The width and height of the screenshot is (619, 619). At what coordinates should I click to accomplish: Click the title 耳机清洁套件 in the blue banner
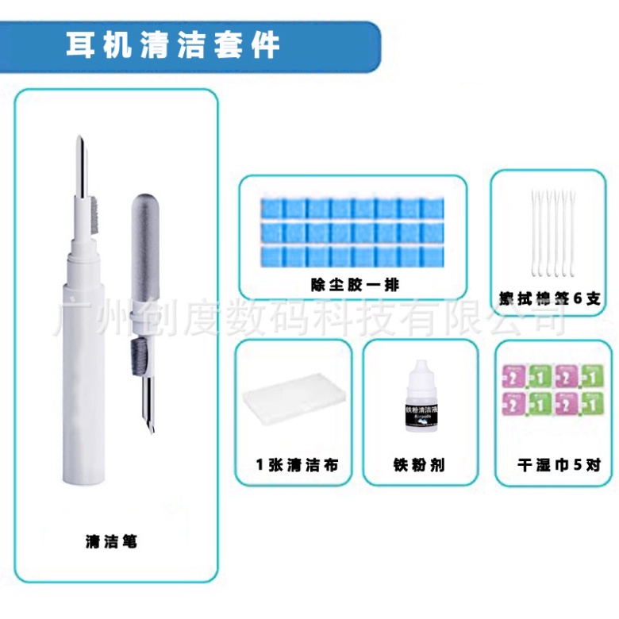coord(173,44)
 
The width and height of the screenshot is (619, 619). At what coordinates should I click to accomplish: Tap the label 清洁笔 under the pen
coord(111,542)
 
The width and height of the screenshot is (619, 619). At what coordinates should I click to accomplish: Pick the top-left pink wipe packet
coord(515,374)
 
